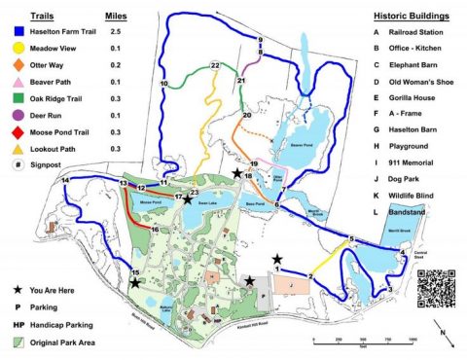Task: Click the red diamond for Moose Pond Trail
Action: tap(18, 131)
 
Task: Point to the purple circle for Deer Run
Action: tap(18, 114)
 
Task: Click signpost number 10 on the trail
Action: tap(164, 85)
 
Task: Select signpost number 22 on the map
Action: tap(214, 65)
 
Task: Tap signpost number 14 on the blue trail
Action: tap(65, 180)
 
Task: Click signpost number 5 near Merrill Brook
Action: tap(350, 239)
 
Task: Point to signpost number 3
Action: tap(390, 289)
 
